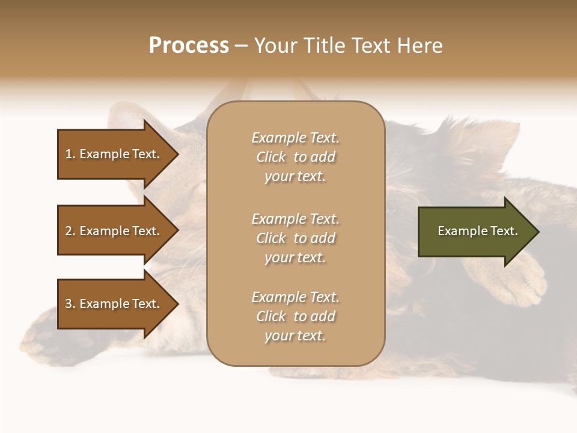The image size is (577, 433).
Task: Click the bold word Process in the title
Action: pos(189,46)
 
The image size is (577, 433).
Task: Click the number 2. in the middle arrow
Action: pos(70,231)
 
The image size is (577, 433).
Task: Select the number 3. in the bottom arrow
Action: pos(70,304)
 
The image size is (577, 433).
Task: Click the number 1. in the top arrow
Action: pos(70,154)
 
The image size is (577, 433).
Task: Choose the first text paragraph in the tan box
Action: pos(295,157)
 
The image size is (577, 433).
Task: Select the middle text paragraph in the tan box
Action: pos(295,238)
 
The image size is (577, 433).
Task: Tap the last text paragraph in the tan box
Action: pos(295,316)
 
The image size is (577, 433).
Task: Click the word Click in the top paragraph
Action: pos(271,157)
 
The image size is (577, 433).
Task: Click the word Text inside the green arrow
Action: pos(504,231)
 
